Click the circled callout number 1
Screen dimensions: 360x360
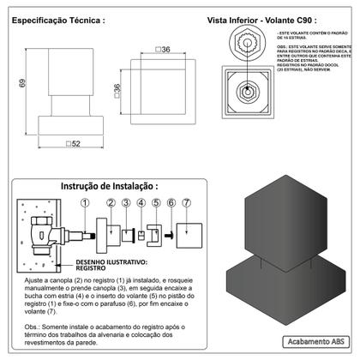tap(84, 203)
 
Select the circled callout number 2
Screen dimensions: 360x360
tap(111, 203)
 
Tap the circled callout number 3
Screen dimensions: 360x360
tap(126, 203)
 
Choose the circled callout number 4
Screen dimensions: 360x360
tap(141, 203)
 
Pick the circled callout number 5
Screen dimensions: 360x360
tap(156, 203)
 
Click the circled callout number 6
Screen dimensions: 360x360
tap(171, 203)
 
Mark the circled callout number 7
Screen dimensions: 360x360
tap(187, 203)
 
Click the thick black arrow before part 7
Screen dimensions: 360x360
tap(171, 233)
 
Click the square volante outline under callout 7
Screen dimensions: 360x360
tap(194, 232)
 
